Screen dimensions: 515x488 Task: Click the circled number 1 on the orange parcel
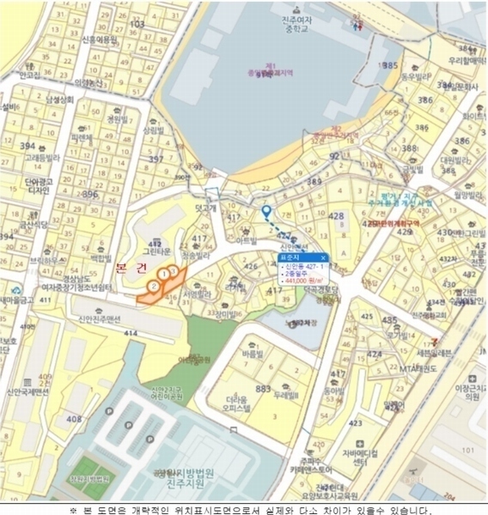163,275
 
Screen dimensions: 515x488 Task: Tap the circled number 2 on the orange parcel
153,285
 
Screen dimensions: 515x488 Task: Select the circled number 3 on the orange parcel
174,271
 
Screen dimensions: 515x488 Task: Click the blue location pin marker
265,211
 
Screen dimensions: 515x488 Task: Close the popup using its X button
323,257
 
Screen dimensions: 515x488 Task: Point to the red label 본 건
132,268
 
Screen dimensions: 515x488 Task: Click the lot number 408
74,418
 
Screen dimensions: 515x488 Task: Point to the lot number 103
137,24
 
